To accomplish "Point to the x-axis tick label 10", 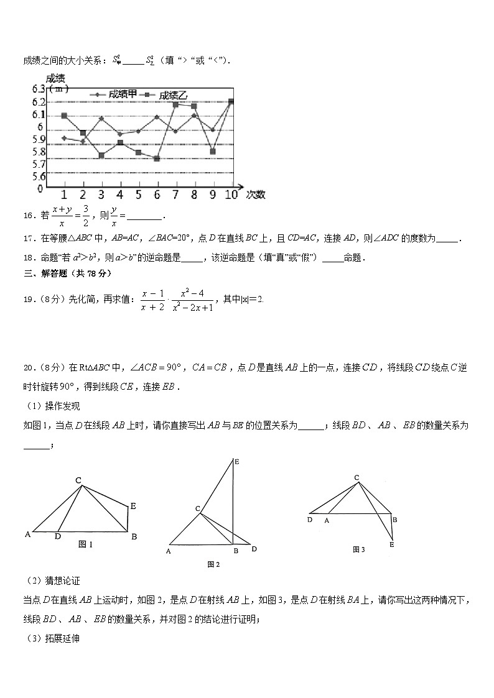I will point(231,195).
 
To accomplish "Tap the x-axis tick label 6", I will point(157,195).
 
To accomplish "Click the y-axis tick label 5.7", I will point(37,164).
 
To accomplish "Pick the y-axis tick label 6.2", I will point(37,102).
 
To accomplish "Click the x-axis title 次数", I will point(255,195).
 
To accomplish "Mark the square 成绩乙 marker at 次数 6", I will point(157,158).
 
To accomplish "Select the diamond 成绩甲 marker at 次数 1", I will point(64,138).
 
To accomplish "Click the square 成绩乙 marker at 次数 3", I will point(101,155).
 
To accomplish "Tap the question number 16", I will point(27,216).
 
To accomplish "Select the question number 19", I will point(27,299).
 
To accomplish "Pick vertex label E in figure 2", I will point(236,461).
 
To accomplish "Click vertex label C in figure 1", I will point(78,480).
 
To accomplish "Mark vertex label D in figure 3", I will point(309,520).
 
